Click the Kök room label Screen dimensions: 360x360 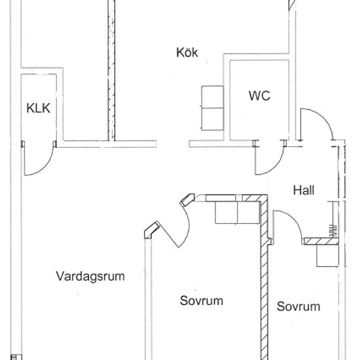(x=187, y=52)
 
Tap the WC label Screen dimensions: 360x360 (x=259, y=96)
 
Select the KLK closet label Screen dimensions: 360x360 (x=39, y=108)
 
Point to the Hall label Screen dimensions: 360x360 (x=304, y=190)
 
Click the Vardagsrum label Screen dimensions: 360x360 (x=90, y=276)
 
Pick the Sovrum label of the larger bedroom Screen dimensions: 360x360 (x=202, y=300)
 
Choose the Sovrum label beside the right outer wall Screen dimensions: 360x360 (x=298, y=306)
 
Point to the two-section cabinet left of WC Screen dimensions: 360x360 (x=213, y=108)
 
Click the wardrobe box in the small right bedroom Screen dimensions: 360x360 (x=328, y=255)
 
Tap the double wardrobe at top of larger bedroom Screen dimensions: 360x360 (x=237, y=213)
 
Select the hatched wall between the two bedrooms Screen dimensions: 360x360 (x=264, y=278)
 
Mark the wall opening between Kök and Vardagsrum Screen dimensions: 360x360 (x=173, y=144)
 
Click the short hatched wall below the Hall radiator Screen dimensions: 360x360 (x=321, y=241)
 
